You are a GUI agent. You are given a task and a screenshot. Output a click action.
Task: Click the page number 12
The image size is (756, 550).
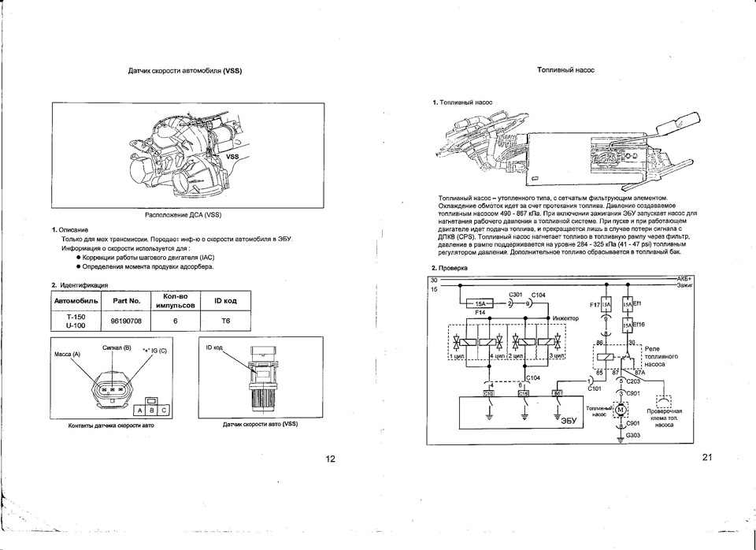click(330, 459)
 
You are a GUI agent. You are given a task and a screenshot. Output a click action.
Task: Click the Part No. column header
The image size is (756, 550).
click(126, 301)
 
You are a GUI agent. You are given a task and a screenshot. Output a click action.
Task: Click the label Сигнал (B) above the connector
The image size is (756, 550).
click(117, 347)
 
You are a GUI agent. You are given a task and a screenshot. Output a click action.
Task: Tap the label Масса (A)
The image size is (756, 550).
click(67, 355)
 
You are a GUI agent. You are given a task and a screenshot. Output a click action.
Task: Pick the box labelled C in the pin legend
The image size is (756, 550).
click(164, 411)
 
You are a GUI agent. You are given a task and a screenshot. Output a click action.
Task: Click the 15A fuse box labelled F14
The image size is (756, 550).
click(481, 303)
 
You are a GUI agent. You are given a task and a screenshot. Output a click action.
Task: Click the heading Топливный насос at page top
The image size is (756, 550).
click(565, 70)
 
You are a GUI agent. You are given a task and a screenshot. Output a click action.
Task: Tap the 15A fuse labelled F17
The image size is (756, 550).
click(606, 303)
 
